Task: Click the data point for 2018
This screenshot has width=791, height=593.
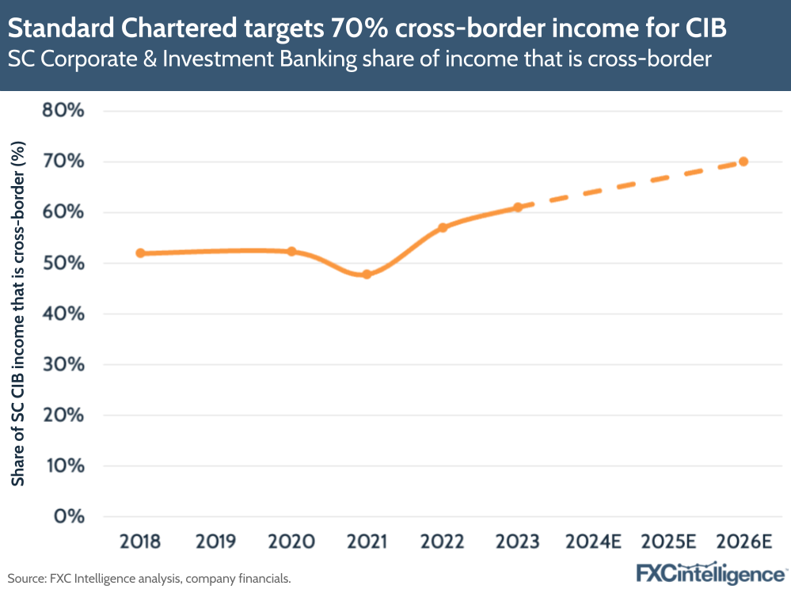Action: [x=140, y=253]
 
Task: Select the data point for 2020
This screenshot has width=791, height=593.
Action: [x=291, y=252]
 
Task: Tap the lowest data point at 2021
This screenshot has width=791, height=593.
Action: [x=367, y=274]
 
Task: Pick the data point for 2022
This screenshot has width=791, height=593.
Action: [x=443, y=227]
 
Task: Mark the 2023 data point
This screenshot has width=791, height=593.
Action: [x=518, y=207]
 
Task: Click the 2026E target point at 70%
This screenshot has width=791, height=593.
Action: [x=743, y=162]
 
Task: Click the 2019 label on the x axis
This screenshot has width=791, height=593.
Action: [x=216, y=542]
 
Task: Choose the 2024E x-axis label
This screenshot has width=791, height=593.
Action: [x=593, y=542]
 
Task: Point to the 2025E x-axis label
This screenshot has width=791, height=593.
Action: [x=668, y=542]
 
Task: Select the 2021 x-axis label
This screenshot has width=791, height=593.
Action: [x=367, y=542]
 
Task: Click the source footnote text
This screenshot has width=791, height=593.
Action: [x=150, y=579]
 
